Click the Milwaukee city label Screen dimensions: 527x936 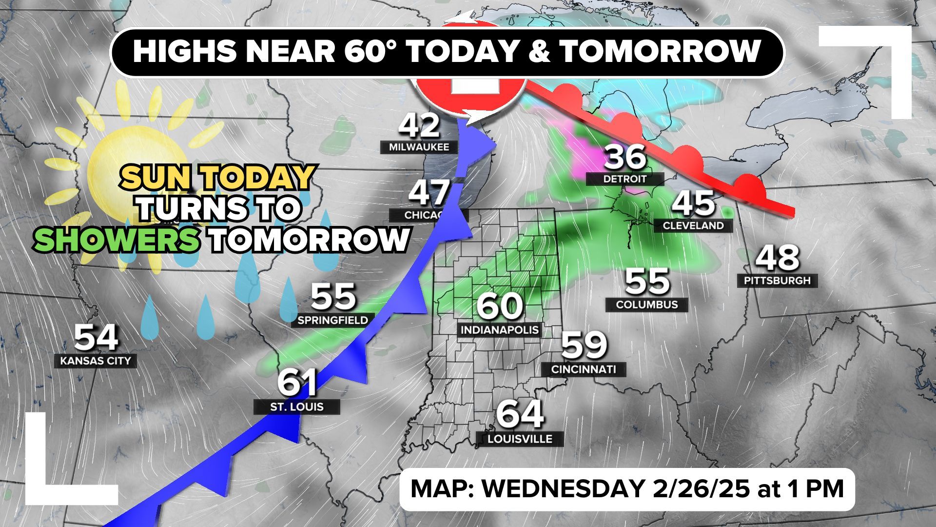coord(419,147)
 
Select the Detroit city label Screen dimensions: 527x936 coord(625,179)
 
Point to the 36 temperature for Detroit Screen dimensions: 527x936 coord(625,157)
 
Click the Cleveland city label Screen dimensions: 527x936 coord(693,225)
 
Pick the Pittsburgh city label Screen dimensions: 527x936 coord(777,281)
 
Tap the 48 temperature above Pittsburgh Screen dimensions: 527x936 coord(778,259)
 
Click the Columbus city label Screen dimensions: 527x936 coord(647,304)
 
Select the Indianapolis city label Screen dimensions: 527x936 coord(500,330)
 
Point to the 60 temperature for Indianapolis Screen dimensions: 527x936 coord(500,306)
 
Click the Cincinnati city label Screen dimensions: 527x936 coord(584,369)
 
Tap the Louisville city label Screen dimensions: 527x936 coord(520,439)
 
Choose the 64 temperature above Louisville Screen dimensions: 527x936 coord(520,414)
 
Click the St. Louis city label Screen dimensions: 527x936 coord(297,406)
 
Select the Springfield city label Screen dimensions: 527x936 coord(332,320)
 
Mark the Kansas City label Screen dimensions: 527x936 coord(96,361)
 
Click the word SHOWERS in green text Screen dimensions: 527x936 coord(117,240)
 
